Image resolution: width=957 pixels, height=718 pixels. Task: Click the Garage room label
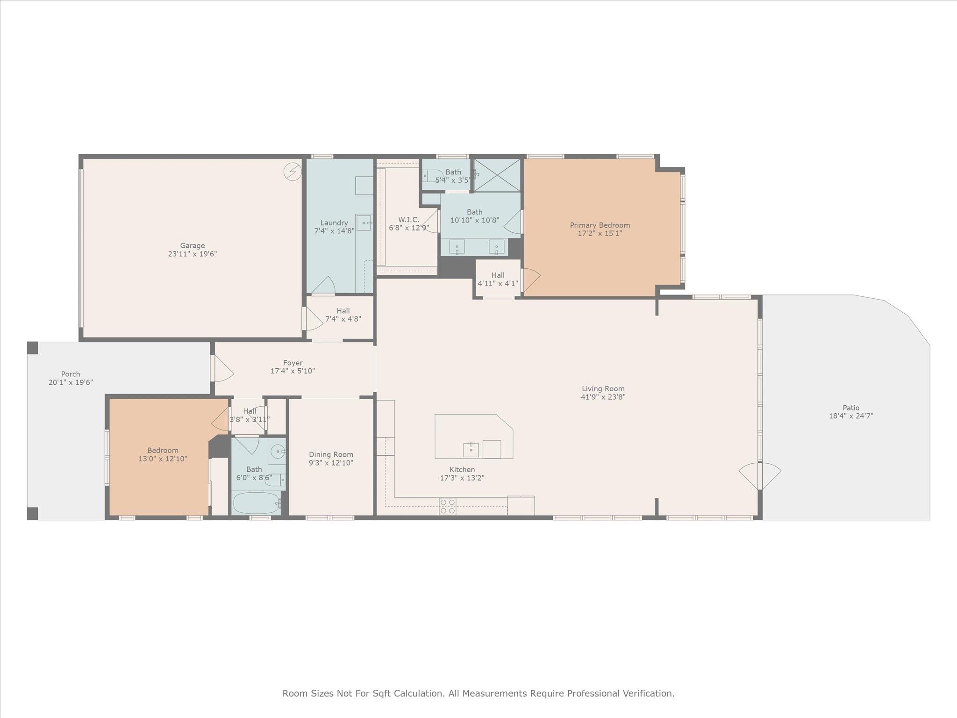click(193, 245)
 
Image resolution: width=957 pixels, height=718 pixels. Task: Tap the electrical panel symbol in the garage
click(293, 172)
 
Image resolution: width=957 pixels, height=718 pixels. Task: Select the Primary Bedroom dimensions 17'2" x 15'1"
click(600, 233)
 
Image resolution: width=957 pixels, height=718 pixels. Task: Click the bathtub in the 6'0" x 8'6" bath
click(256, 503)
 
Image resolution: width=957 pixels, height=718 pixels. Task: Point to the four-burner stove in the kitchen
click(447, 507)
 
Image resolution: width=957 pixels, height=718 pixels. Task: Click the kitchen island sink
click(471, 450)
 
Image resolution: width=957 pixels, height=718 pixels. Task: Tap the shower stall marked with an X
click(497, 175)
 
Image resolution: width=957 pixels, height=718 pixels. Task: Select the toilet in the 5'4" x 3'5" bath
click(432, 176)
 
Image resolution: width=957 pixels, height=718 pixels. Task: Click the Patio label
click(851, 408)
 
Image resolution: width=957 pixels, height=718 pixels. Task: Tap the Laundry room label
click(334, 223)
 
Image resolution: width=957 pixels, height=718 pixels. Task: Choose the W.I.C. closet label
click(408, 220)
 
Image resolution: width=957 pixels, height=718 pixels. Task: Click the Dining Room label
click(331, 454)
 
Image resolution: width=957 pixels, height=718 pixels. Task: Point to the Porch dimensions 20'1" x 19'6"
click(71, 382)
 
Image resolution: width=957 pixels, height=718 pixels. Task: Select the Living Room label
click(603, 388)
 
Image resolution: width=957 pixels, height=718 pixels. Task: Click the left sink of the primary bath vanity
click(457, 246)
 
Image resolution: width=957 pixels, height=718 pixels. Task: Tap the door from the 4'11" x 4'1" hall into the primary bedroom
click(530, 280)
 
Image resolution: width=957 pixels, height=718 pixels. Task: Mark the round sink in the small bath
click(278, 452)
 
